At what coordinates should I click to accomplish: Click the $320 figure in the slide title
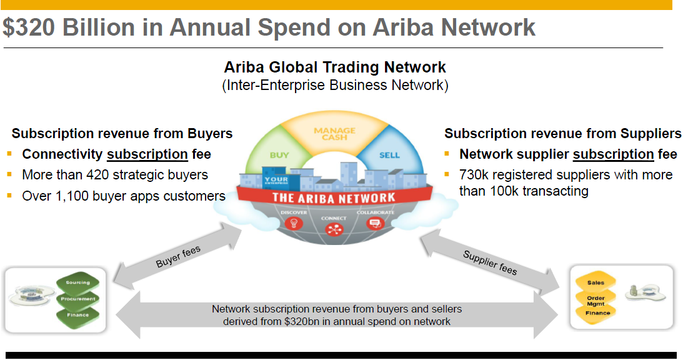(x=29, y=27)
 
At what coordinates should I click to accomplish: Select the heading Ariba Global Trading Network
(x=335, y=67)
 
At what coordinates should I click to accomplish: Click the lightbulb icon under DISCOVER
(x=294, y=222)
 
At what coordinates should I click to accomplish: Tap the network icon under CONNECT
(x=334, y=229)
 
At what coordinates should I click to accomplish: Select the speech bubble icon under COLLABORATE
(x=375, y=222)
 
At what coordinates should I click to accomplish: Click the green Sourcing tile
(x=78, y=282)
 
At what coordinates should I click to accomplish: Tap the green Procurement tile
(x=78, y=299)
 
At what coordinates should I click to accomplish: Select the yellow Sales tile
(x=596, y=282)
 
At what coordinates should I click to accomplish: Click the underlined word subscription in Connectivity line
(x=147, y=154)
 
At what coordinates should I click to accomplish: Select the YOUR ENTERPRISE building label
(x=276, y=180)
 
